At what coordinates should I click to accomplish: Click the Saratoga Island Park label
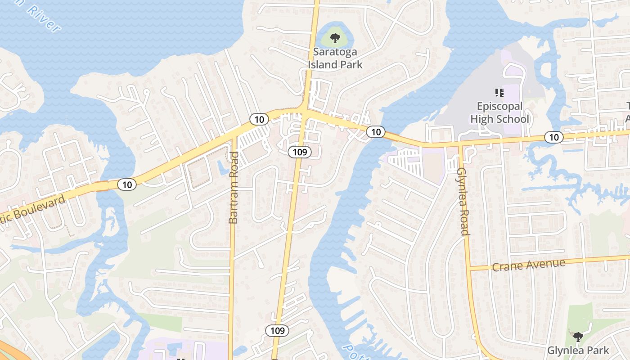pyautogui.click(x=335, y=58)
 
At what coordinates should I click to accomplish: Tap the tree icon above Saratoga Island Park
pyautogui.click(x=335, y=38)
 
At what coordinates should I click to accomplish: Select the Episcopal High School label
pyautogui.click(x=499, y=113)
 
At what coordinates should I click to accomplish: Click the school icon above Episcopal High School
pyautogui.click(x=499, y=93)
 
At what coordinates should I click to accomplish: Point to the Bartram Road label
pyautogui.click(x=234, y=188)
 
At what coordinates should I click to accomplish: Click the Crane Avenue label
pyautogui.click(x=528, y=265)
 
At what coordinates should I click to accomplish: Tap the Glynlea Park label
pyautogui.click(x=578, y=350)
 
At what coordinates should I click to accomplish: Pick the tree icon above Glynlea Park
pyautogui.click(x=578, y=337)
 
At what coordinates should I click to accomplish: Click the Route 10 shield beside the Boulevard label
pyautogui.click(x=127, y=184)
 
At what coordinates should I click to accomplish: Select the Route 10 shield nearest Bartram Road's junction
pyautogui.click(x=259, y=119)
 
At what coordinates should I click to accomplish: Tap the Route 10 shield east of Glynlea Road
pyautogui.click(x=554, y=137)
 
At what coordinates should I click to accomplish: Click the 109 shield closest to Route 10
pyautogui.click(x=299, y=152)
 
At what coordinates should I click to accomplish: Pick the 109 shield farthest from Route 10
pyautogui.click(x=277, y=331)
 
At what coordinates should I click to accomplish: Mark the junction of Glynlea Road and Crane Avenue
pyautogui.click(x=468, y=268)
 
